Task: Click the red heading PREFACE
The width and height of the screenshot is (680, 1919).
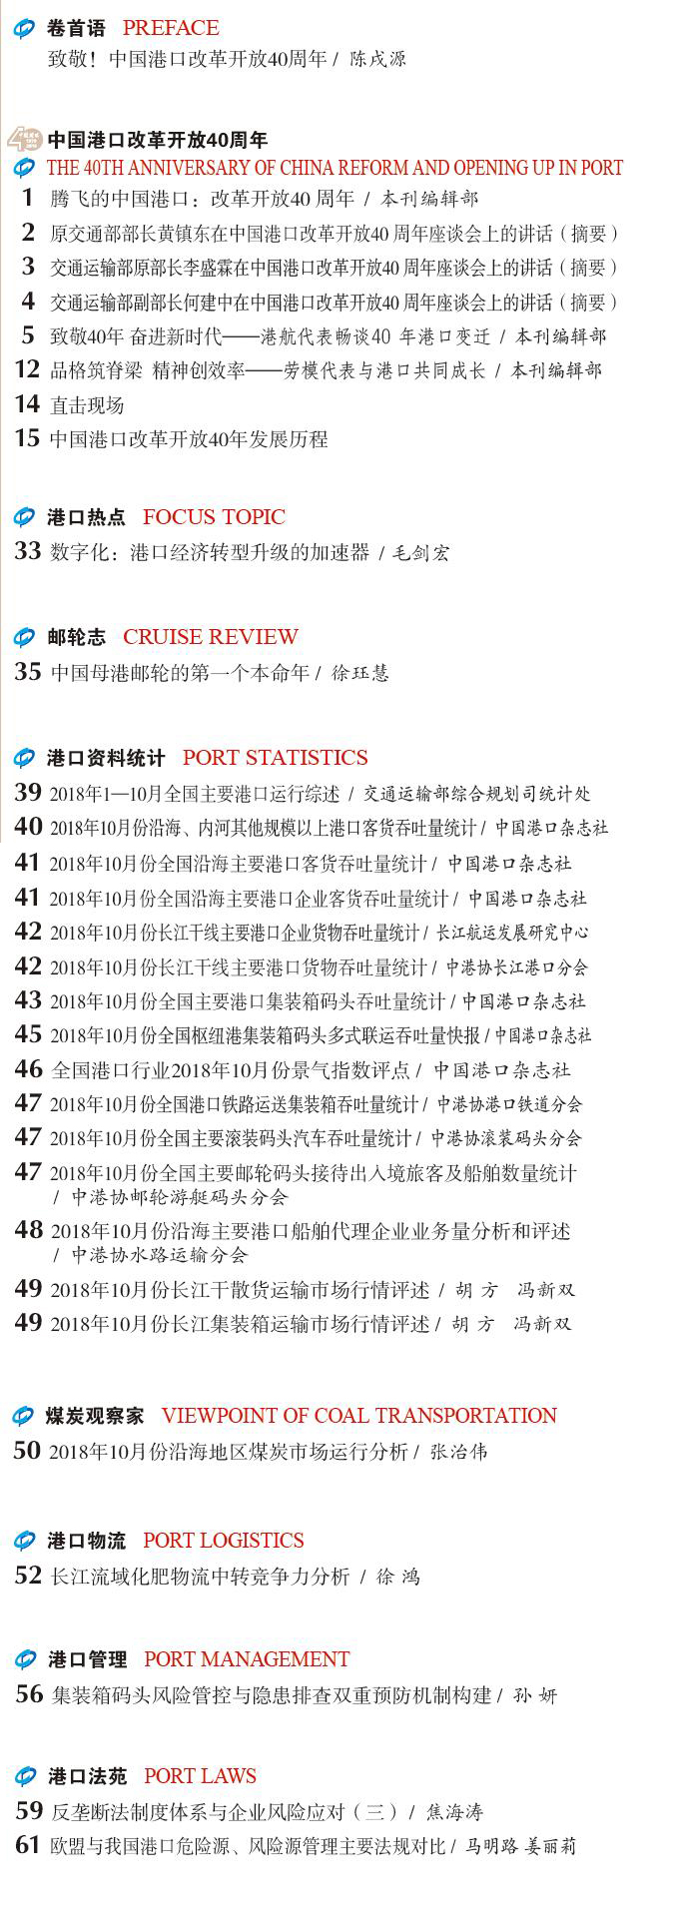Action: pos(171,28)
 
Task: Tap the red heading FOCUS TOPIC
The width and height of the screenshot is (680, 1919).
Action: pos(214,517)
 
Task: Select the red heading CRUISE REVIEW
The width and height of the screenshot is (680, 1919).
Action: pos(210,637)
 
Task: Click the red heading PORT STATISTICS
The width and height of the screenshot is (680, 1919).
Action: pos(275,758)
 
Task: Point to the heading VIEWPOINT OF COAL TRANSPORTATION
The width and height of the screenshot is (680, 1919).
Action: pos(358,1416)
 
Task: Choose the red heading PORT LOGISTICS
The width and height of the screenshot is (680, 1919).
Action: pos(223,1541)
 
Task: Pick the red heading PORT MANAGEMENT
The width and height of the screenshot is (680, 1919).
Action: pos(247,1659)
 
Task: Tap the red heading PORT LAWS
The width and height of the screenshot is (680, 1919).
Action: pos(200,1776)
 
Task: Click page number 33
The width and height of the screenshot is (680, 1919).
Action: pos(28,550)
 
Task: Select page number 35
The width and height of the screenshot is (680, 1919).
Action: pos(28,671)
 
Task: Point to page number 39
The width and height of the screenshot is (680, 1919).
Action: pos(28,793)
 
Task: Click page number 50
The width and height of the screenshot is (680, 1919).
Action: pos(28,1451)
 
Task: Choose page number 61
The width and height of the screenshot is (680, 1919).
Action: pos(29,1845)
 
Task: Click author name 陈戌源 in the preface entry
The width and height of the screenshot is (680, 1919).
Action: pos(377,60)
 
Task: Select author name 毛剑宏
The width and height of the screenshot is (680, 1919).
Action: pos(420,552)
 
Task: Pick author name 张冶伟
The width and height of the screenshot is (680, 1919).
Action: pos(458,1453)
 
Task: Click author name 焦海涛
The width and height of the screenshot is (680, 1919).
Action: pos(456,1812)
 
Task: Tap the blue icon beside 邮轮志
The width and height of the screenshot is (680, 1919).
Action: pos(24,638)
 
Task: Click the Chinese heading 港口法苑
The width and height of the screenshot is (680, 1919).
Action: pos(88,1777)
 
